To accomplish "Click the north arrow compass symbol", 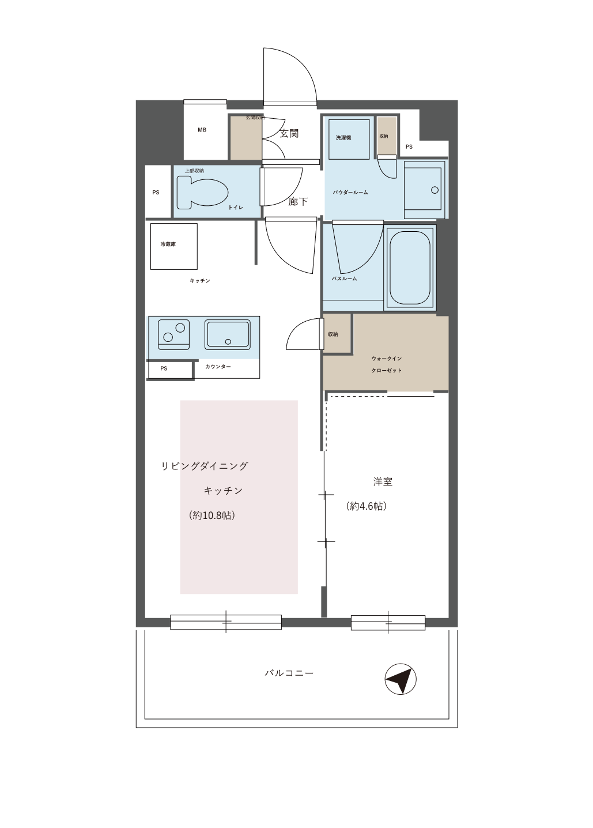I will click(x=401, y=680).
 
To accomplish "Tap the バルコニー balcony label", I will click(x=289, y=673).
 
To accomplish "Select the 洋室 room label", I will click(x=383, y=481).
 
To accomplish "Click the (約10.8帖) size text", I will click(x=211, y=515).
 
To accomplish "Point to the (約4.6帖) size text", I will click(x=367, y=506).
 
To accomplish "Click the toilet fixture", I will click(x=201, y=192).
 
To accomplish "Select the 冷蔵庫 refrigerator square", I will click(x=173, y=246).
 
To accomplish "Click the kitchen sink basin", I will click(x=228, y=335).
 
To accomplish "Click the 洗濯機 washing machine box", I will click(x=349, y=139).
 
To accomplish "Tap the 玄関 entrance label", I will click(x=289, y=134).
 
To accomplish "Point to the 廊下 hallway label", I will click(x=298, y=202).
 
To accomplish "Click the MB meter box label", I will click(x=202, y=130).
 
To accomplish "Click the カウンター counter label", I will click(x=218, y=367).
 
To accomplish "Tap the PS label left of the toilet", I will click(x=156, y=193).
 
